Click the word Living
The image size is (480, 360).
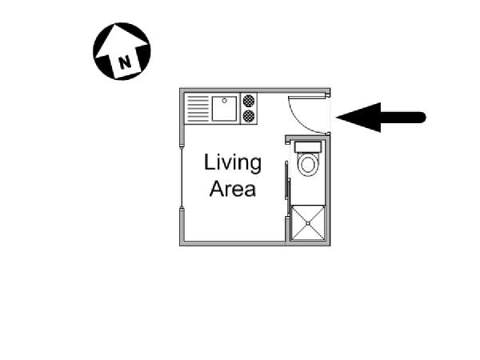click(233, 164)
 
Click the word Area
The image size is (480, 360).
click(233, 190)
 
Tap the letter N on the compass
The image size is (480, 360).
click(123, 61)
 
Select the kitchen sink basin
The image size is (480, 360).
click(225, 109)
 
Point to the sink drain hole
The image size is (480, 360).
click(226, 101)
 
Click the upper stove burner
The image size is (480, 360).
click(249, 102)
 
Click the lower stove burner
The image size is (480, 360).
click(249, 117)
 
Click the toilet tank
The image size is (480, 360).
click(308, 147)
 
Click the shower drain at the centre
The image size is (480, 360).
click(308, 223)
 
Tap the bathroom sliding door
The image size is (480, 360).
click(287, 188)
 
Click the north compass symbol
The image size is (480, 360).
click(122, 51)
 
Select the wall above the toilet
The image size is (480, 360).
click(307, 137)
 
